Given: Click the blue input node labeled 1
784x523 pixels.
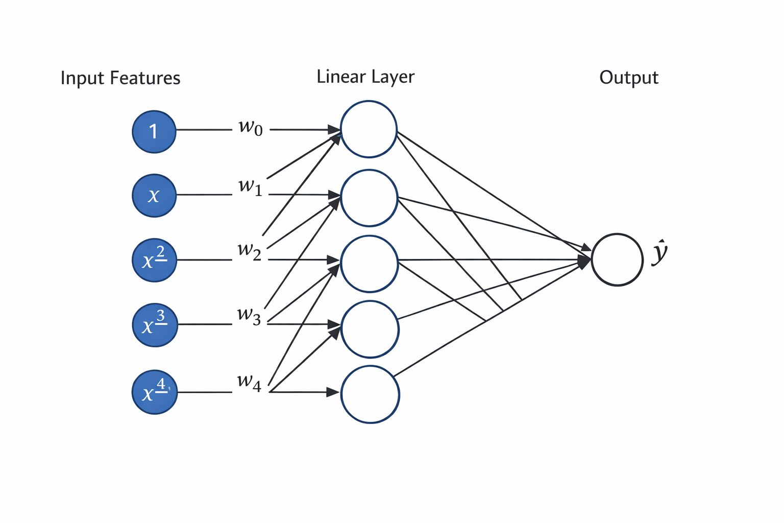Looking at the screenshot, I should click(154, 131).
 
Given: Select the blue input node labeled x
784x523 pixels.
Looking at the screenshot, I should click(154, 196).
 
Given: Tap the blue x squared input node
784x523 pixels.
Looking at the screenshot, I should click(154, 260).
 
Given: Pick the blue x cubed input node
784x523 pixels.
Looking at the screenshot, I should click(155, 325).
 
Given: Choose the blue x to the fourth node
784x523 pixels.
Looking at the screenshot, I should click(155, 392).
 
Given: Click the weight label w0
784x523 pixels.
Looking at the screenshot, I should click(251, 127).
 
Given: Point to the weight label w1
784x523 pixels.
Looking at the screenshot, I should click(250, 187).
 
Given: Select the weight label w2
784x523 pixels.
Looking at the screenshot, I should click(250, 251).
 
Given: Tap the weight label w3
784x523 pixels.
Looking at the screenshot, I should click(249, 316).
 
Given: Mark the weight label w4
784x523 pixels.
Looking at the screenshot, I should click(249, 383).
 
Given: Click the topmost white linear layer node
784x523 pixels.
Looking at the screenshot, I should click(369, 129).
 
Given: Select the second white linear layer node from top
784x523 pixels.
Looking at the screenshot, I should click(369, 198).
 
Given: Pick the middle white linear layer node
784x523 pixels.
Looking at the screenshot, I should click(369, 264).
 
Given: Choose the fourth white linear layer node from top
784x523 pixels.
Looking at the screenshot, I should click(370, 329).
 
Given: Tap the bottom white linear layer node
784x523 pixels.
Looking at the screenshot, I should click(370, 394).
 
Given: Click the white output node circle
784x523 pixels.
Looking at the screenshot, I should click(617, 259).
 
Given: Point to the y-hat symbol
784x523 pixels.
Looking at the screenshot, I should click(659, 253).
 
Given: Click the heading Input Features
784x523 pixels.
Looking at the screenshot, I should click(120, 78).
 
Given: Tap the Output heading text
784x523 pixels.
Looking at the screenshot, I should click(628, 78).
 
